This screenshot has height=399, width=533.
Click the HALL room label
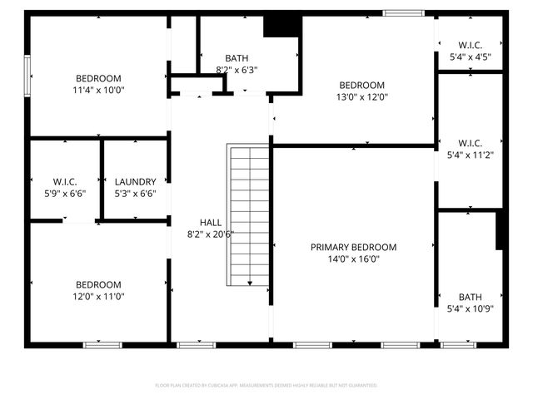(x=210, y=222)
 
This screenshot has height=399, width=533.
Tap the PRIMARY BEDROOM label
(x=353, y=247)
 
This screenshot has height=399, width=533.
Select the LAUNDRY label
(x=135, y=182)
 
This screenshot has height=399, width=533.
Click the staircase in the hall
(x=249, y=214)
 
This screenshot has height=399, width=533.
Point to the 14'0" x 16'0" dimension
(x=353, y=259)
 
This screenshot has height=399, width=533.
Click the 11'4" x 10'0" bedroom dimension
(x=99, y=90)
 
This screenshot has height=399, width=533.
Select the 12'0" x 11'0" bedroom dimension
(x=98, y=296)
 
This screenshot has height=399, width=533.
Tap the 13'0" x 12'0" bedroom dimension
(x=362, y=96)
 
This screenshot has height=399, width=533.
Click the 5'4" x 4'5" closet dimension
(x=470, y=57)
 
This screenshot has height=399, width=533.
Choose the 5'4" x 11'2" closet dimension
(x=470, y=154)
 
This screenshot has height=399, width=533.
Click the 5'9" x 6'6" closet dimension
(x=65, y=194)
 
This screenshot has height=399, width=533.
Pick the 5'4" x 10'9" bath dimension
(x=470, y=308)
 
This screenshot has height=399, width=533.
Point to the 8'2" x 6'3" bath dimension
(x=237, y=70)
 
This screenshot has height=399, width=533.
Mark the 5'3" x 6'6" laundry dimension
(x=135, y=194)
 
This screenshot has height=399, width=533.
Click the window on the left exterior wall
(x=27, y=75)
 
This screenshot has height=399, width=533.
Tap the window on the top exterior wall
(x=403, y=12)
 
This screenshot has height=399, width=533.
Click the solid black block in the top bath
(x=281, y=27)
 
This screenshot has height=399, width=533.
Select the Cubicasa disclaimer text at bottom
(x=266, y=385)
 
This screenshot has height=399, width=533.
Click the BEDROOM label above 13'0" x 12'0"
(x=362, y=85)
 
